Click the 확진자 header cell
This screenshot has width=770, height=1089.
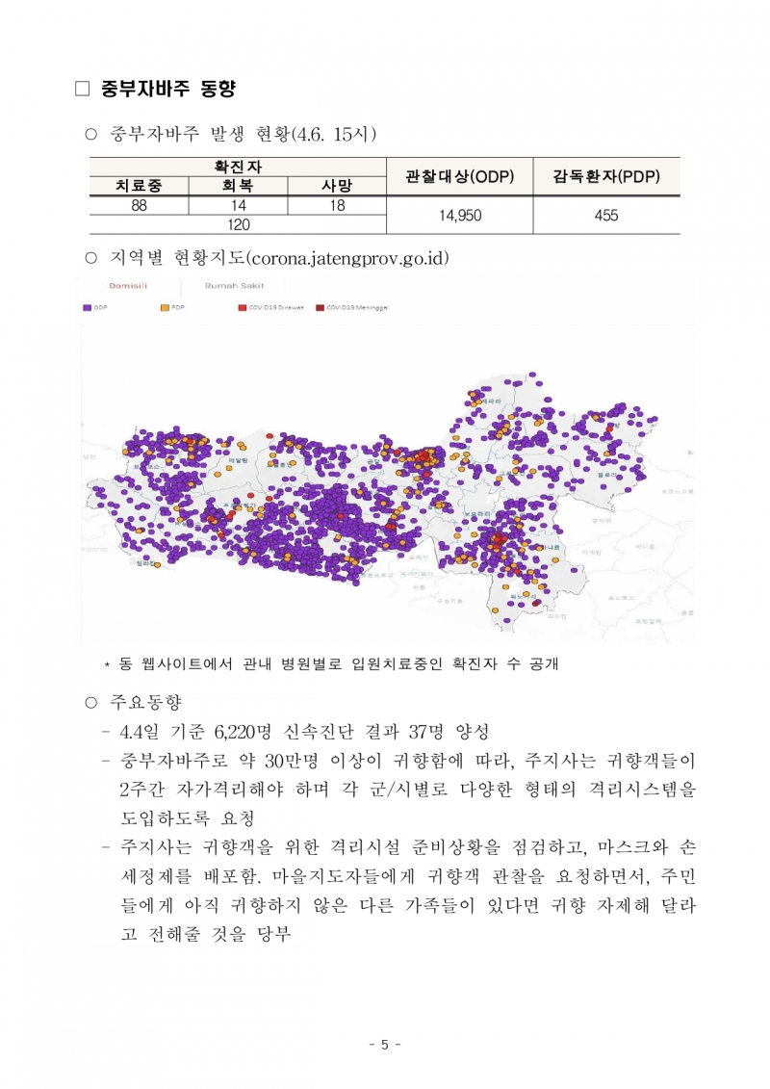coord(239,167)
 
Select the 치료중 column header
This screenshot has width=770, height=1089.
coord(139,185)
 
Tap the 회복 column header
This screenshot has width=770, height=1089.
coord(239,185)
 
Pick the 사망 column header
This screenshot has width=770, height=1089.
coord(337,185)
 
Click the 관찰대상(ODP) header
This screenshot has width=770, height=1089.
coord(459,176)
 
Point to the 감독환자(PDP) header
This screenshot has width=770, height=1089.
coord(606,176)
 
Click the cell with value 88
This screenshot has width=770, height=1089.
coord(139,205)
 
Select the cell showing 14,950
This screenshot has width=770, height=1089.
coord(459,216)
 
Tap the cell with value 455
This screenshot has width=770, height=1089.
coord(606,216)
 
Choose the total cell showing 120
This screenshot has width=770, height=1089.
coord(239,225)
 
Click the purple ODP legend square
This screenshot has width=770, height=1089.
coord(87,308)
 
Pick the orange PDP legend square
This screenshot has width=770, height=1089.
coord(164,308)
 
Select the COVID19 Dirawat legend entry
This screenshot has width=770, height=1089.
coord(272,308)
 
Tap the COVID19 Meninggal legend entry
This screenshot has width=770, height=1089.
coord(350,308)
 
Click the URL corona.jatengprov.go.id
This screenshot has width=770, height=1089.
coord(348,258)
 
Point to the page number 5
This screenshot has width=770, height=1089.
coord(385,1045)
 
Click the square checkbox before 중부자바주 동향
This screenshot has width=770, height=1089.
coord(82,90)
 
